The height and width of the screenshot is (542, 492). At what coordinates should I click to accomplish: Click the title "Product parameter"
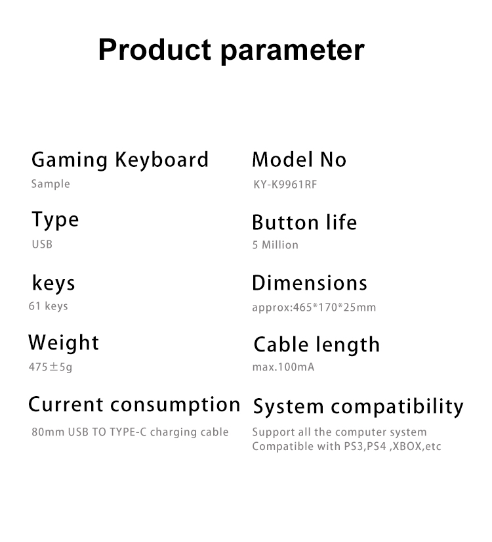[232, 50]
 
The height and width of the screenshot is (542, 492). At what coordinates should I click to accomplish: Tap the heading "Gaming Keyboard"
[120, 160]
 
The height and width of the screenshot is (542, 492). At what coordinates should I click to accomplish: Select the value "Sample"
[51, 184]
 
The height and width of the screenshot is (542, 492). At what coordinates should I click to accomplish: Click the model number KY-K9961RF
[285, 184]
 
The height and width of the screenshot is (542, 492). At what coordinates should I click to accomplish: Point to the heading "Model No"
[299, 160]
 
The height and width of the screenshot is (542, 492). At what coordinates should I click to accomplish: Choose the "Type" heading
[55, 220]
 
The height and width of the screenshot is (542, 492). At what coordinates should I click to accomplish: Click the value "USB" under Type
[42, 244]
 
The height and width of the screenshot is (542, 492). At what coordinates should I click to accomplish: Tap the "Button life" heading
[304, 222]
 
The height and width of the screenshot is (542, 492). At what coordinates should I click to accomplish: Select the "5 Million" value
[275, 245]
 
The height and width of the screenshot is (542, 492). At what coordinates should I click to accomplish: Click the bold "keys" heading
[53, 284]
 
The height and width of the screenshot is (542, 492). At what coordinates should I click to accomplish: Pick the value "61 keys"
[48, 306]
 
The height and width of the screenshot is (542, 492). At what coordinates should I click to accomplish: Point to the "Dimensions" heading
[310, 283]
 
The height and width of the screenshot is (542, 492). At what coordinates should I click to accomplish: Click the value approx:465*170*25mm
[314, 307]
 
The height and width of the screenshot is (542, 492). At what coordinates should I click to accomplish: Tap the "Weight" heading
[64, 343]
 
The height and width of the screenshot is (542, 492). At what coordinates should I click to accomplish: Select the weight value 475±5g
[51, 367]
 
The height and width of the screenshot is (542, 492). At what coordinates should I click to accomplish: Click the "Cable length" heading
[317, 345]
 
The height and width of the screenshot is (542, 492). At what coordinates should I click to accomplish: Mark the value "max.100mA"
[283, 367]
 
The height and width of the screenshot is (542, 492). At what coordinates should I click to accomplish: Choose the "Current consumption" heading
[134, 405]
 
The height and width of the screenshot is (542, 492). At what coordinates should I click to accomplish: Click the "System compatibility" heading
[358, 407]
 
